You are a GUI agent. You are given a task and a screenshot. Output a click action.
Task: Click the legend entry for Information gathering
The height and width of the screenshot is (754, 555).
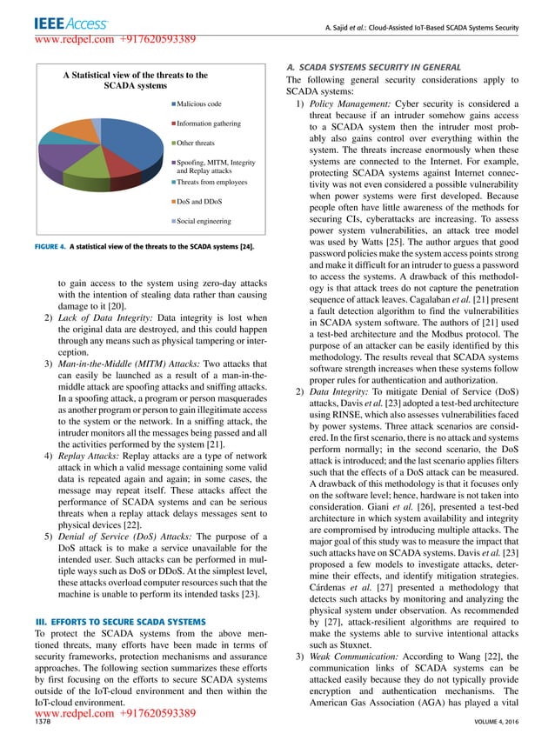(208, 123)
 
